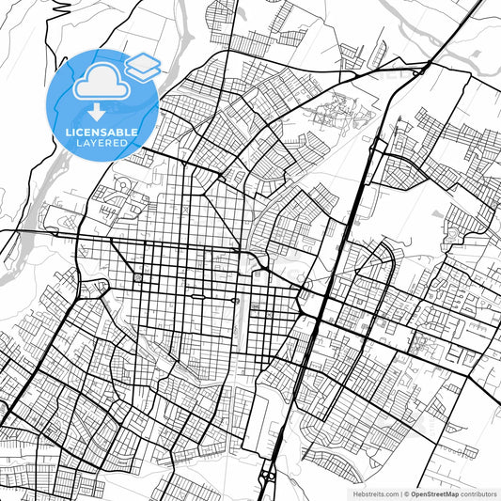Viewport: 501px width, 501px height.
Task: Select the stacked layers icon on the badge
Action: click(143, 65)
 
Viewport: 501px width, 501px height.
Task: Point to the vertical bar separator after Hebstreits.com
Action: click(399, 493)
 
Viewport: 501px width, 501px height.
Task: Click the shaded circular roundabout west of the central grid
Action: click(138, 278)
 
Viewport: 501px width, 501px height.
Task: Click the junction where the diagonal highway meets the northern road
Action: click(423, 68)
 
